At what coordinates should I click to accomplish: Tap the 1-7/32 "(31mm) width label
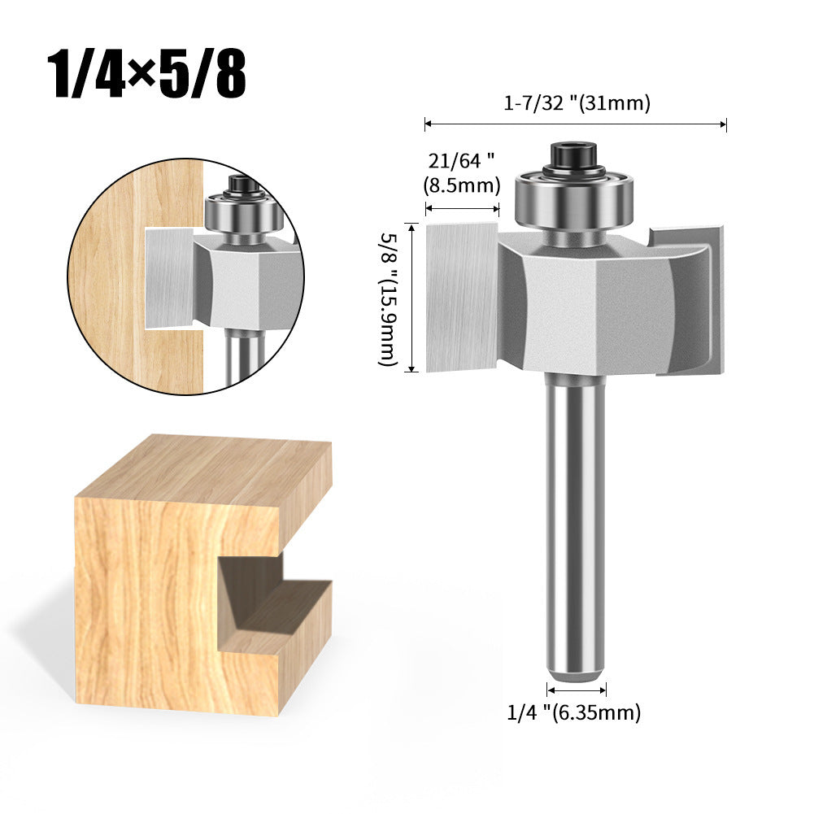[575, 104]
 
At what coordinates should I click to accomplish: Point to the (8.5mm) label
[461, 185]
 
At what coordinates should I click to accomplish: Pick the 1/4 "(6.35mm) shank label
[574, 713]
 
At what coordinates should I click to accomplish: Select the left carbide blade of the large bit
[462, 297]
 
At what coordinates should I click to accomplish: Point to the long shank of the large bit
[575, 520]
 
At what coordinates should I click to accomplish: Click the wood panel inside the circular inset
[130, 276]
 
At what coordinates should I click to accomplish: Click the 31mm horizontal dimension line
[575, 124]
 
